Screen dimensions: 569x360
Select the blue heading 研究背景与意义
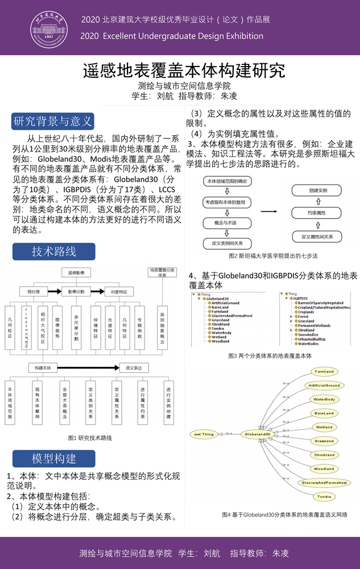tap(53, 121)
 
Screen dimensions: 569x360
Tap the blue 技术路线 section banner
tap(53, 251)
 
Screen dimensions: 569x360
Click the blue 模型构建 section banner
tap(53, 459)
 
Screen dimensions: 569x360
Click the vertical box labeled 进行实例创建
tap(168, 403)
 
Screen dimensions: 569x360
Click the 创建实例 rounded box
tap(317, 191)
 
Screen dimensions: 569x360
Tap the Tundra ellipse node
tap(324, 497)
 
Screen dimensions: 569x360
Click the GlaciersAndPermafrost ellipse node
tap(324, 483)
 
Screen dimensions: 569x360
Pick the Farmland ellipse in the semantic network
tap(324, 372)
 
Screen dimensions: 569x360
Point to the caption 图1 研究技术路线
tap(90, 438)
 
